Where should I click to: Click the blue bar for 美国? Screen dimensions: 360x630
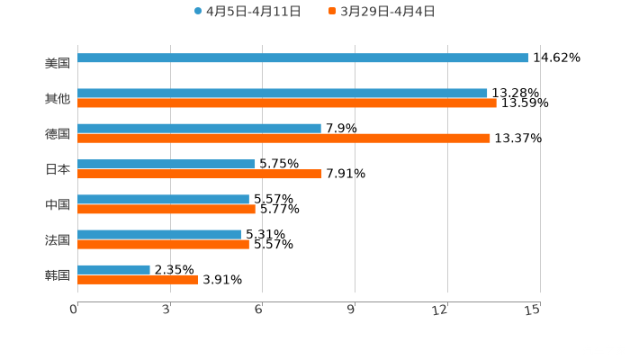tap(302, 58)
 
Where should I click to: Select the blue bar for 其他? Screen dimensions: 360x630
tap(283, 93)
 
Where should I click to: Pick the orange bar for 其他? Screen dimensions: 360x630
tap(287, 103)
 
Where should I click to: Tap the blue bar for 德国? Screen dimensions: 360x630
tap(199, 128)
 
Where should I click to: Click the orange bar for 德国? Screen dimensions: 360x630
tap(283, 139)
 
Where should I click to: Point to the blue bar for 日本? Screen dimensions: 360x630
tap(166, 164)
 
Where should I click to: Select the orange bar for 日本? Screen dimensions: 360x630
tap(200, 175)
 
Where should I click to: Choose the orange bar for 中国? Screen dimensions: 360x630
tap(166, 210)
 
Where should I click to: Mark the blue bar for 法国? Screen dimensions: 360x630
tap(159, 234)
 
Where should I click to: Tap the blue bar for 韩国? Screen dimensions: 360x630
tap(113, 269)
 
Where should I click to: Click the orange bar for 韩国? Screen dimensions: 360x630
tap(138, 280)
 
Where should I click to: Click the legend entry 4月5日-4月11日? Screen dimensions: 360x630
tap(247, 12)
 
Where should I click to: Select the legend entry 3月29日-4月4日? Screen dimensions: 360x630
tap(382, 12)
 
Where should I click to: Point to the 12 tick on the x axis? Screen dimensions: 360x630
tap(441, 310)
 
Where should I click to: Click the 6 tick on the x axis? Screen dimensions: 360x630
tap(258, 310)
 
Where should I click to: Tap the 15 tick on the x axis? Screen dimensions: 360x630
tap(532, 310)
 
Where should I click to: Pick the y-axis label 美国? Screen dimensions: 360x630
tap(58, 64)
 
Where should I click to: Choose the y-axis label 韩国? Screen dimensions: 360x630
tap(58, 274)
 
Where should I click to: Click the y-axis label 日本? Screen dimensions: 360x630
tap(58, 169)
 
